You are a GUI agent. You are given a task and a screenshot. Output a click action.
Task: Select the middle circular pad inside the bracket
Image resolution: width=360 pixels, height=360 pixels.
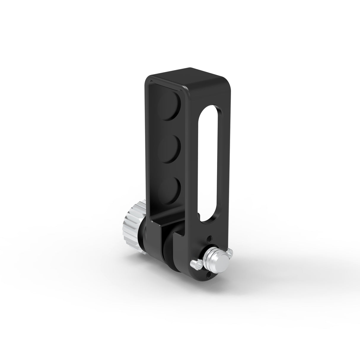tap(170, 147)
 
